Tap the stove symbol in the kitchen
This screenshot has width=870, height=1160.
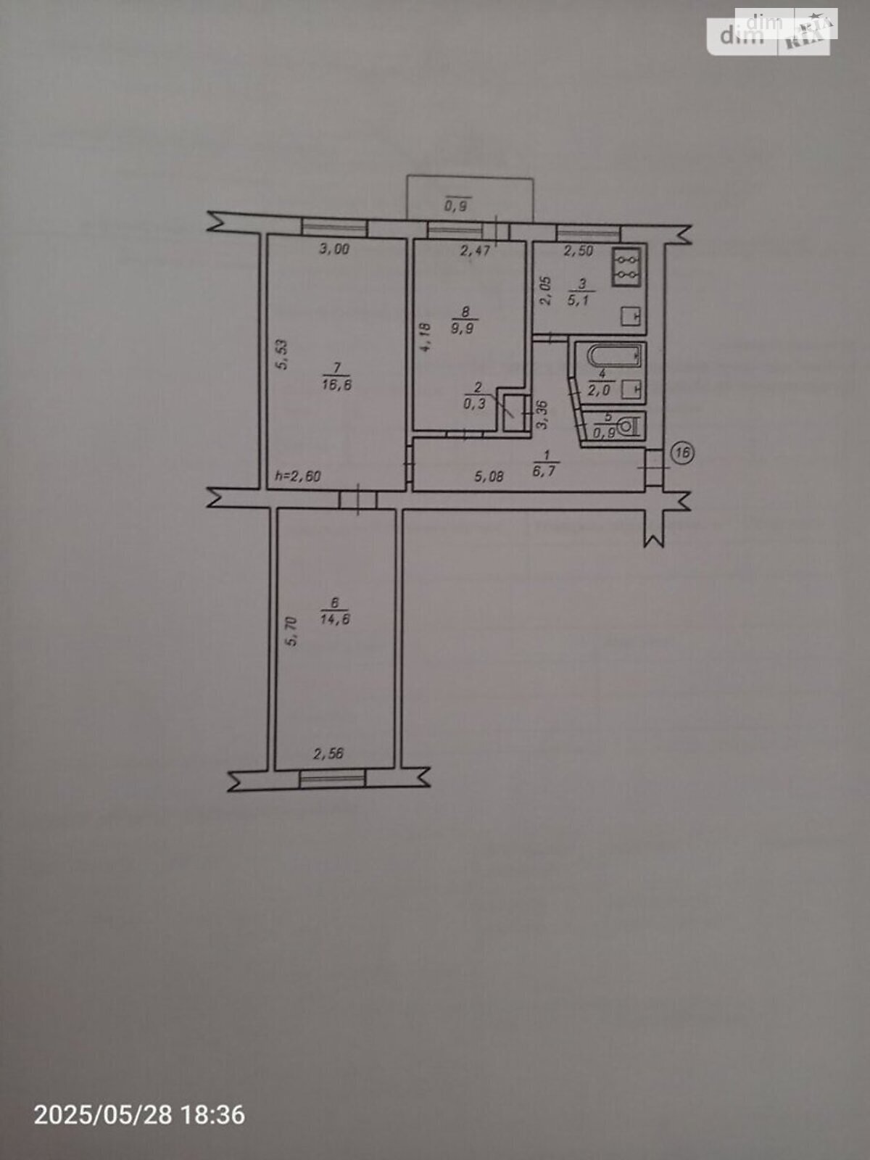(x=626, y=267)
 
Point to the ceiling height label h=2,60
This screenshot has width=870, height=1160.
(x=298, y=476)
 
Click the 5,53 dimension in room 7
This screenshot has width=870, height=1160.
(x=283, y=354)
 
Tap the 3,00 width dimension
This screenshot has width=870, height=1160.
(x=333, y=249)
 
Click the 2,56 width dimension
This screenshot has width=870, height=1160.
(x=328, y=753)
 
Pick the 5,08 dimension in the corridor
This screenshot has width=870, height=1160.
(x=489, y=476)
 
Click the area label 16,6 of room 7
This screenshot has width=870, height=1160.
(x=336, y=385)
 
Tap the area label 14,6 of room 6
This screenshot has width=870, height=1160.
(x=335, y=619)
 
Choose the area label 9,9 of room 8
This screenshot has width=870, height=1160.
(x=465, y=328)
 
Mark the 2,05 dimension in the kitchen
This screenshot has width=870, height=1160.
(x=546, y=291)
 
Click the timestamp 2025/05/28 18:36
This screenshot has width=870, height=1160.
(x=139, y=1114)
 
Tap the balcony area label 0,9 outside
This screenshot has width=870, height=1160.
(x=457, y=205)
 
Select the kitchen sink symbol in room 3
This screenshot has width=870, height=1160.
(x=631, y=317)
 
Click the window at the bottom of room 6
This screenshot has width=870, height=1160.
(x=332, y=778)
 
